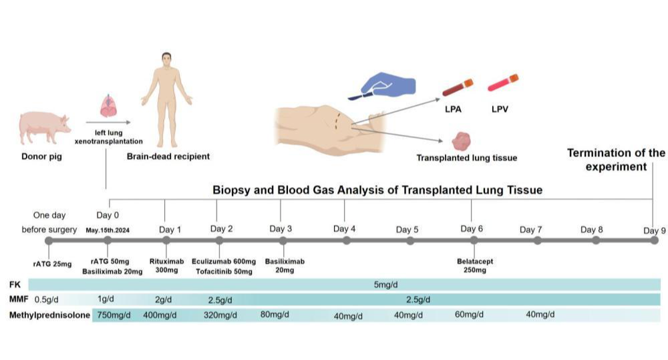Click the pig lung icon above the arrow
click(108, 106)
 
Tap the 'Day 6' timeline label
click(472, 229)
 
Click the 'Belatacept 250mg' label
click(475, 266)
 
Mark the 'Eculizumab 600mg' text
click(223, 262)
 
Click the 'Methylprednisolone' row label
click(49, 315)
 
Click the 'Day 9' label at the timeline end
click(654, 230)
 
